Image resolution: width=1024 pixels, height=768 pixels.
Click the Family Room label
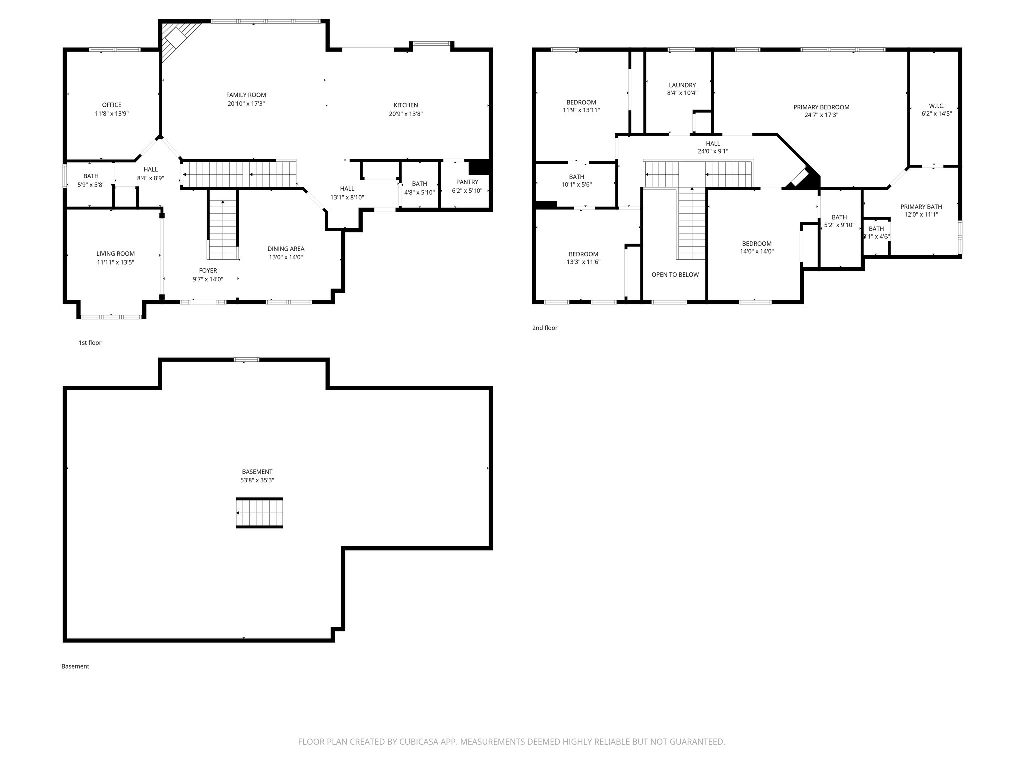click(246, 95)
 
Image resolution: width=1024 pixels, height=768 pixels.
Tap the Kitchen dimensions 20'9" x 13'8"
click(406, 114)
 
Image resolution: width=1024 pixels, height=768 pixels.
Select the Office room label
click(112, 105)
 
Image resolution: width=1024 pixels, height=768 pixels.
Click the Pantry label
click(467, 182)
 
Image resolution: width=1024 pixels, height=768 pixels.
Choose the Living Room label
click(115, 254)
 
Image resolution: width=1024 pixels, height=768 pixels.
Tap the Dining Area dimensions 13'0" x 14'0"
click(286, 257)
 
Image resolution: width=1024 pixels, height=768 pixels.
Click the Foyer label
click(208, 271)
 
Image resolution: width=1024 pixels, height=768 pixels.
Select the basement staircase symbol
click(259, 513)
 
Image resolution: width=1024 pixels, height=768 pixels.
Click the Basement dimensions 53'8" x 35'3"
click(257, 480)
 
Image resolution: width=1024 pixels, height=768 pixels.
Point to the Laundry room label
click(682, 85)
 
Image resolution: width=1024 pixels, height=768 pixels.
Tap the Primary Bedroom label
click(821, 107)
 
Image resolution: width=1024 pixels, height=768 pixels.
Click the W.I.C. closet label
click(936, 106)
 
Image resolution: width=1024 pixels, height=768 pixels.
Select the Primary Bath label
click(921, 207)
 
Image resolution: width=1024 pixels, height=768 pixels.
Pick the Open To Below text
click(675, 275)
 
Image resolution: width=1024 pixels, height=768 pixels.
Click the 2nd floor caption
click(544, 328)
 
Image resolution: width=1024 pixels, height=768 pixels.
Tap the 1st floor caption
click(90, 343)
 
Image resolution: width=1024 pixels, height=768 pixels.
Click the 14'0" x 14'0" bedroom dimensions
click(756, 252)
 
